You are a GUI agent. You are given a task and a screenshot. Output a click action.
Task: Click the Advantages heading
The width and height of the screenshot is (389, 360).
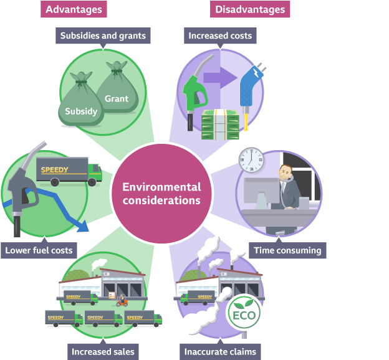73,9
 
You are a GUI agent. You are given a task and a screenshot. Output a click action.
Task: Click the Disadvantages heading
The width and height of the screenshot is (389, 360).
250,9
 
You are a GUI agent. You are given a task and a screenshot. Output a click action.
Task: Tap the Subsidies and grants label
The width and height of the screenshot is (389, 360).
103,36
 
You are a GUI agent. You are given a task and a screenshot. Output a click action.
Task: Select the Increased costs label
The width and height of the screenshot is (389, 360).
220,36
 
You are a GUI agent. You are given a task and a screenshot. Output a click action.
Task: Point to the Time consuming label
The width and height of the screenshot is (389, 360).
288,250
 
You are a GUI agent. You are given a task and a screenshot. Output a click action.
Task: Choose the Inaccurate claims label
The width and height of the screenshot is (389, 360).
220,351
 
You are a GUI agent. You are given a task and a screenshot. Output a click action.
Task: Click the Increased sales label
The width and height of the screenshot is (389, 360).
102,351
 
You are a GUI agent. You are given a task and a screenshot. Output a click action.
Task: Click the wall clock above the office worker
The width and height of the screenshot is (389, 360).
251,162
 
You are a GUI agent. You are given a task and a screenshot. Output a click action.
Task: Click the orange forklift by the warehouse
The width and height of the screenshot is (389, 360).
122,300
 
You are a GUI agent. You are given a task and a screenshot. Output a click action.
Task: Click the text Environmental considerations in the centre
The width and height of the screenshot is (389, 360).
161,194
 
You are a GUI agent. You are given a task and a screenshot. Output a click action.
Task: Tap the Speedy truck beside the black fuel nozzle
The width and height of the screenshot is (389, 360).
68,173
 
